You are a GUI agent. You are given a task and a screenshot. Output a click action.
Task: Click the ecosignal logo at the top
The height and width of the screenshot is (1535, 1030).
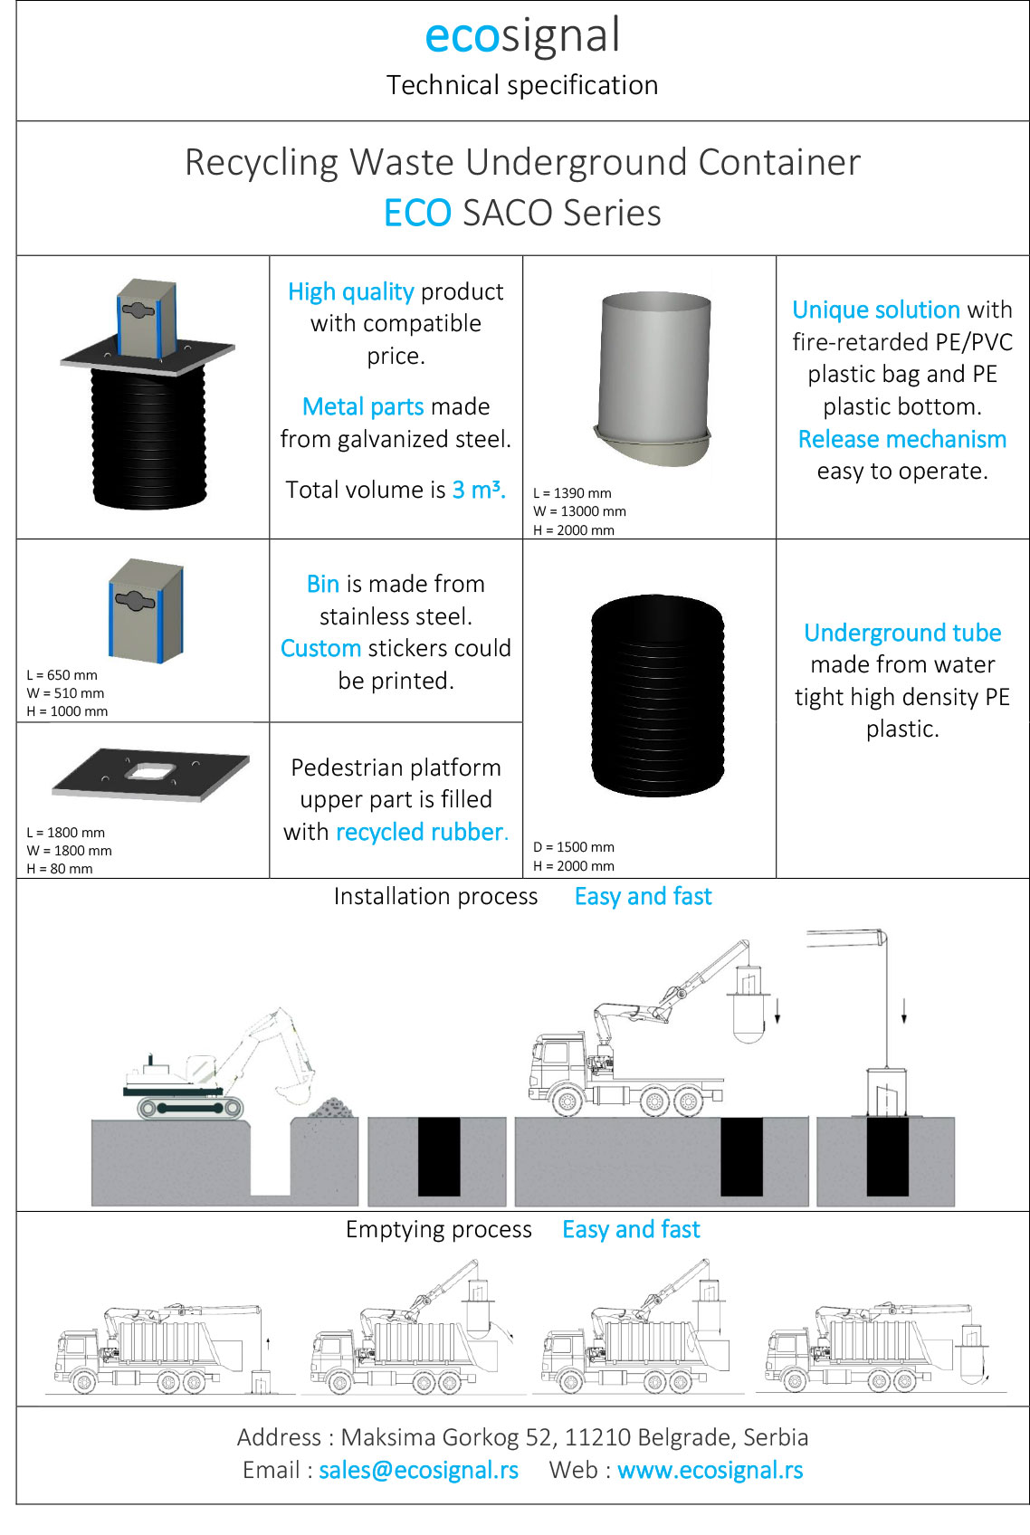click(x=522, y=36)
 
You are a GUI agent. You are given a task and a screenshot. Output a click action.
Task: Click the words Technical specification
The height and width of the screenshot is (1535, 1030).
click(x=522, y=85)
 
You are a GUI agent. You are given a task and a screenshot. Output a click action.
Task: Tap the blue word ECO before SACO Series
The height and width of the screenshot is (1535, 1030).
click(x=417, y=214)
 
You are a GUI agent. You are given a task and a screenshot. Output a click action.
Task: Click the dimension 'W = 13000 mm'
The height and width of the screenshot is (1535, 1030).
click(x=579, y=511)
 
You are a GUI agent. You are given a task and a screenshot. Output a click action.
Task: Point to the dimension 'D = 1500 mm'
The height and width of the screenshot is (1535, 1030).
click(x=574, y=847)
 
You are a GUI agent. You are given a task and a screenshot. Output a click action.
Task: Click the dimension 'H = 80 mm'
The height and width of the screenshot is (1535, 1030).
click(x=60, y=869)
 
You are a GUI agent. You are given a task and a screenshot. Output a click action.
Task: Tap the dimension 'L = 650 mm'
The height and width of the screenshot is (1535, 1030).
click(x=62, y=675)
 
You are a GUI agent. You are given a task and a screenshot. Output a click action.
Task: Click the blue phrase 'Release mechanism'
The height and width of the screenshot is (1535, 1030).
click(x=901, y=439)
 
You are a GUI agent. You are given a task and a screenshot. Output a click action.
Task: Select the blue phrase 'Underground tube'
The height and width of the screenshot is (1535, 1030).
click(x=902, y=633)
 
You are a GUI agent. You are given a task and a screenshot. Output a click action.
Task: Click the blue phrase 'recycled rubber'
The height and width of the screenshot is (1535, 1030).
click(x=420, y=832)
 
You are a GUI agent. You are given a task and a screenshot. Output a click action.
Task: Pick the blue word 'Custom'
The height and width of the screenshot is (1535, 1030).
click(x=320, y=648)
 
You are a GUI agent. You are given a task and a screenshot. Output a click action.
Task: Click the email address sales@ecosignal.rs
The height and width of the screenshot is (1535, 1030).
click(x=418, y=1470)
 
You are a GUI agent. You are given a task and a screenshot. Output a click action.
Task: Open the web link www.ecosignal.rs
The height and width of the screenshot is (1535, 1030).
click(x=710, y=1470)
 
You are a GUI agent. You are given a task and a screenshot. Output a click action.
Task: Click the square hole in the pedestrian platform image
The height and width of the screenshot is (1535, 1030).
click(x=151, y=771)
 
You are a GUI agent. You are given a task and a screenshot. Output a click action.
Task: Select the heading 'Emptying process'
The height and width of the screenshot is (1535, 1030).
click(x=439, y=1229)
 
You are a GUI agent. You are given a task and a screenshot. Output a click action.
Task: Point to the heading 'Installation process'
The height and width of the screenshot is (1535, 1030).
click(x=435, y=896)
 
